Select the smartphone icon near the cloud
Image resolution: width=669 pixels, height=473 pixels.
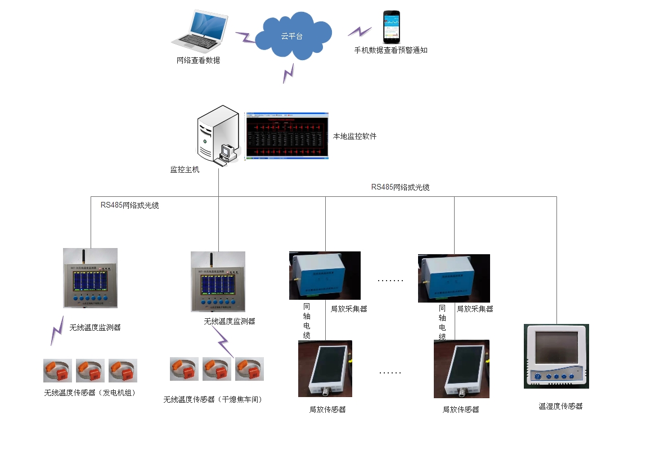point(392,27)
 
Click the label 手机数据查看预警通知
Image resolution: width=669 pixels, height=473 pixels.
point(390,50)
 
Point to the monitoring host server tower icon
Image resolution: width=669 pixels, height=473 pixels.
point(214,135)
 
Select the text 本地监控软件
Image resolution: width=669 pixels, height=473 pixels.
point(354,137)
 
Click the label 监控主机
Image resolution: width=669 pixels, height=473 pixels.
point(185,169)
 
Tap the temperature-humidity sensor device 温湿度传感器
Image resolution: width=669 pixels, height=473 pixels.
point(556,356)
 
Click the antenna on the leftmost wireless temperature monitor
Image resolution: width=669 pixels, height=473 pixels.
point(83,257)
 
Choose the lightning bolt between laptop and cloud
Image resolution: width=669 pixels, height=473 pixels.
point(245,38)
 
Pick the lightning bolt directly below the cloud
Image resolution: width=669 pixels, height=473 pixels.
point(289,73)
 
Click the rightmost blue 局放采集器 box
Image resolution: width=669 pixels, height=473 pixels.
point(454,278)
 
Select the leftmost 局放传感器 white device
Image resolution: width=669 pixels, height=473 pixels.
point(325,369)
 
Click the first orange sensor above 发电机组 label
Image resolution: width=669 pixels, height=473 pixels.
point(57,371)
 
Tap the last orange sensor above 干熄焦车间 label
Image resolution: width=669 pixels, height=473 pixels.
point(249,369)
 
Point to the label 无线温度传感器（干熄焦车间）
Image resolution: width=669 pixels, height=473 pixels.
point(213,400)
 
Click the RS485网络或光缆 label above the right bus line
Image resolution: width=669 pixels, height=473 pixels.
point(400,187)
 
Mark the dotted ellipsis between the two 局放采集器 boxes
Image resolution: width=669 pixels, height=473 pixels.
point(389,280)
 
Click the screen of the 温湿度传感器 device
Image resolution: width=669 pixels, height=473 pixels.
point(556,348)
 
